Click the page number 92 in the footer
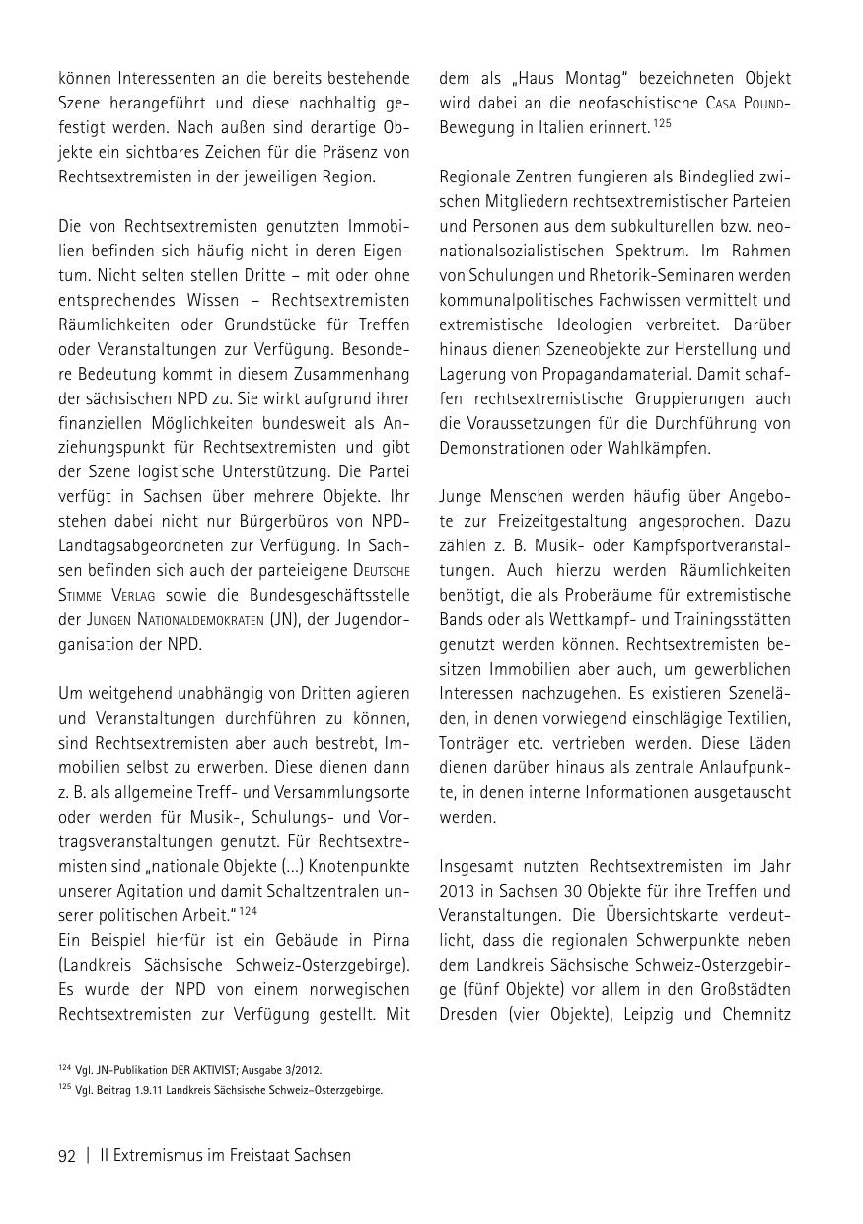(x=67, y=1156)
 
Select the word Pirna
(x=385, y=938)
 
